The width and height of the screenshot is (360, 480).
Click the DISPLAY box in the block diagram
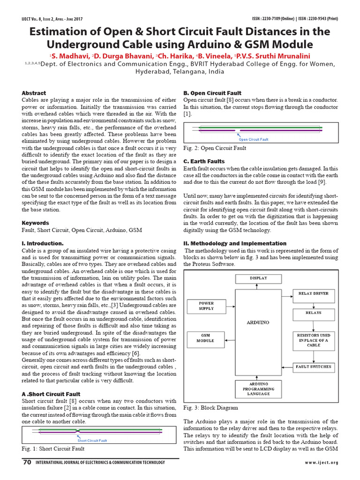pos(258,278)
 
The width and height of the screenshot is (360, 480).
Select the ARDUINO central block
pos(258,322)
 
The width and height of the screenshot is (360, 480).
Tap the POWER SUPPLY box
pos(206,306)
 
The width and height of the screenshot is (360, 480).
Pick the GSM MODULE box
pos(205,338)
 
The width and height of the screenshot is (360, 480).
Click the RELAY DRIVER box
pos(314,294)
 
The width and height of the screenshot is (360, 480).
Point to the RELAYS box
pos(314,312)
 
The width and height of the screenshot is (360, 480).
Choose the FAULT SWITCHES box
pos(314,367)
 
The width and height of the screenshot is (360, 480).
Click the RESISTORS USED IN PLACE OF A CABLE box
pos(314,340)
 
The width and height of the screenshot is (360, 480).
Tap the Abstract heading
pos(34,93)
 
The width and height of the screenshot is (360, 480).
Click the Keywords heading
pos(36,223)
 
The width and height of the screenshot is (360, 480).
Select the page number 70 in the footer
pos(27,463)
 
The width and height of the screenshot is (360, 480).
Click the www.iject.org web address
pos(321,463)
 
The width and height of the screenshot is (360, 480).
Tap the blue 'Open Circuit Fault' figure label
pos(253,139)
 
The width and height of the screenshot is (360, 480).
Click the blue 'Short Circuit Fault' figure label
pos(92,441)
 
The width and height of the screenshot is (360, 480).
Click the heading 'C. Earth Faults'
pos(205,161)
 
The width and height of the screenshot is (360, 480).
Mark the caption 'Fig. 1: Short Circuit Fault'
pos(53,449)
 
